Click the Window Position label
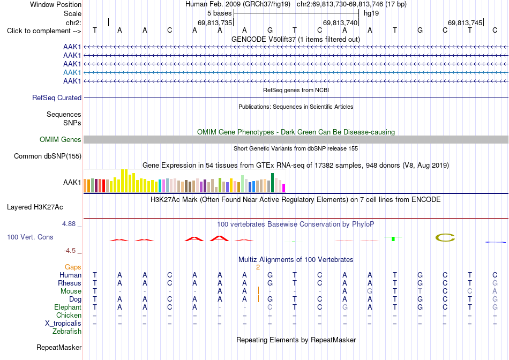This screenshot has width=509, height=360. [56, 4]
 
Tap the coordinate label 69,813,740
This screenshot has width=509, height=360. [340, 22]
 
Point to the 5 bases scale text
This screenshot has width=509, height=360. [220, 13]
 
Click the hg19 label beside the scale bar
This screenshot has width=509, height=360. [371, 13]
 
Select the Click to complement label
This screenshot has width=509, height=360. [44, 31]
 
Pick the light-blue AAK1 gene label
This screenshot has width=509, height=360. [72, 72]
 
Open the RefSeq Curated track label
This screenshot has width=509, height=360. [57, 97]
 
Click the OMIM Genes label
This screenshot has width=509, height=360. [61, 140]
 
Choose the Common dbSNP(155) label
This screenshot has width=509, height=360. [48, 156]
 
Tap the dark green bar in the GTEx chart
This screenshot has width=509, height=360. [272, 183]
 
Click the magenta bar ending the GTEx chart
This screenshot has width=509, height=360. [284, 188]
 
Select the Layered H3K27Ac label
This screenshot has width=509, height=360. [35, 207]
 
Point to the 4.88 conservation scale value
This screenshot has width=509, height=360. [69, 224]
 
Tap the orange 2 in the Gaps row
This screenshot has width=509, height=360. [258, 267]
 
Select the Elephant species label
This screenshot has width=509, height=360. [68, 307]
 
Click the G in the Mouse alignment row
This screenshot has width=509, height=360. [369, 291]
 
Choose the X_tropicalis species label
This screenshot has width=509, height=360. [63, 324]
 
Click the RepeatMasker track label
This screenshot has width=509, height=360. [59, 347]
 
